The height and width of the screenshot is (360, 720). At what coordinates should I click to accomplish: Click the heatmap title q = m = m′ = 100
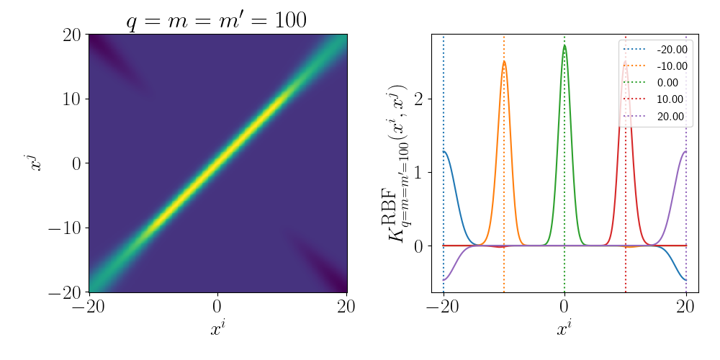217,20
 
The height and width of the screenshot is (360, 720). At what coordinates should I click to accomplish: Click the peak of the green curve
564,46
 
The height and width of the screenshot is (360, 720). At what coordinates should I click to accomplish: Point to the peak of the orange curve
504,61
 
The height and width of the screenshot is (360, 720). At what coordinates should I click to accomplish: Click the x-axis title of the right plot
565,330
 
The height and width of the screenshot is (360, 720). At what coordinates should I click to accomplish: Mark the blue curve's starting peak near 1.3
445,151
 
